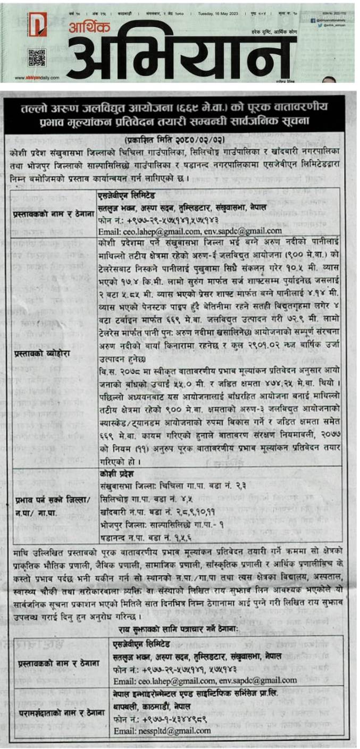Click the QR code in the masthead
[x=37, y=56]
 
